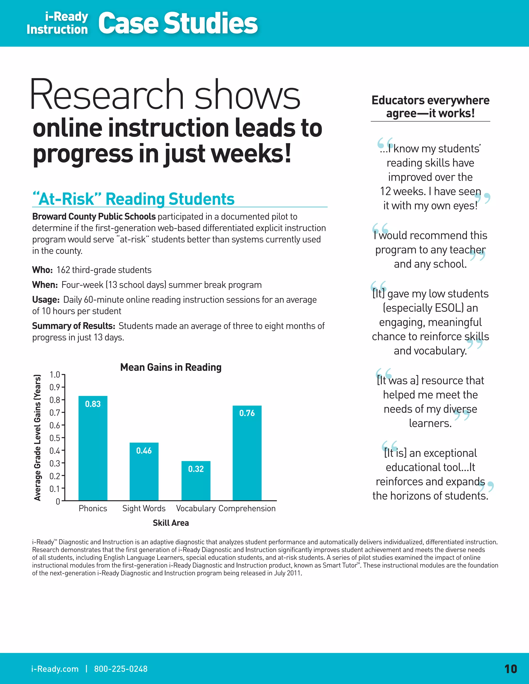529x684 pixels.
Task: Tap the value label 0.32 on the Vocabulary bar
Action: click(196, 469)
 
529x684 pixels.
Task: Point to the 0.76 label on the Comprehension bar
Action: click(247, 413)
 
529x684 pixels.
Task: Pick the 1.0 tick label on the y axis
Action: click(55, 375)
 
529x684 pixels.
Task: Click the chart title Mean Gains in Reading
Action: click(171, 367)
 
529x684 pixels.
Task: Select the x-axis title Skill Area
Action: click(171, 523)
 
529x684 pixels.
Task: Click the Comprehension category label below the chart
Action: click(247, 508)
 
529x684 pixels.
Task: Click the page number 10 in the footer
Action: click(510, 669)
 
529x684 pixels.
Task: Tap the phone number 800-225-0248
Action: click(121, 669)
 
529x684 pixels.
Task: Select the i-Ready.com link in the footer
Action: click(55, 669)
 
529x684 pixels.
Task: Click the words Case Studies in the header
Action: click(178, 23)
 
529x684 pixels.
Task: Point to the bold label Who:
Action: click(42, 270)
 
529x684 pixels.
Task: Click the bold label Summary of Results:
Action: click(74, 326)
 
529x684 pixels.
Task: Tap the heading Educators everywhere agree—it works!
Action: click(430, 107)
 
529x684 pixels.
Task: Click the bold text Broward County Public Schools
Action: click(94, 216)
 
